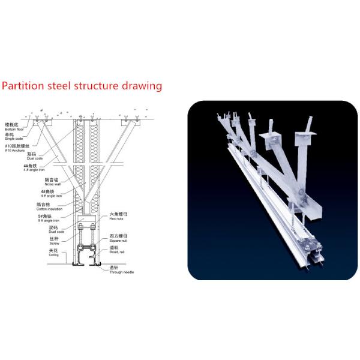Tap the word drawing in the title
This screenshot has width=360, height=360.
142,86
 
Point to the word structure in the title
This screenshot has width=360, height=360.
95,86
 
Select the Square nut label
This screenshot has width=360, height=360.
118,238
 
